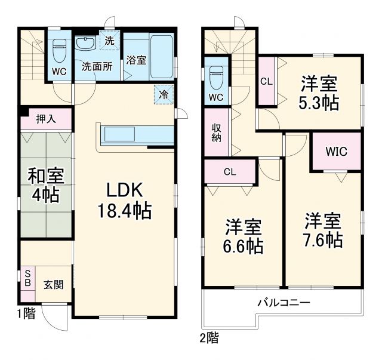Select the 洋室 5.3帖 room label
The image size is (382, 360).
pyautogui.click(x=319, y=93)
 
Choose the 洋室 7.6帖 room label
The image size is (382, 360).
pyautogui.click(x=322, y=230)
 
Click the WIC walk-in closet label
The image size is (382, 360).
pyautogui.click(x=336, y=151)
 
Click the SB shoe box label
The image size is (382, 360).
pyautogui.click(x=26, y=278)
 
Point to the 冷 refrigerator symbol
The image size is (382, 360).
pyautogui.click(x=163, y=93)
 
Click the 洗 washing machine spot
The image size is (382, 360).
pyautogui.click(x=109, y=41)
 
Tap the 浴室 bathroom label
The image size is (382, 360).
pyautogui.click(x=136, y=60)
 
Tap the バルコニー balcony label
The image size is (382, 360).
pyautogui.click(x=284, y=303)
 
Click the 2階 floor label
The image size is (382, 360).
pyautogui.click(x=209, y=339)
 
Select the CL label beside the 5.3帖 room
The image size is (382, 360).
pyautogui.click(x=266, y=81)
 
